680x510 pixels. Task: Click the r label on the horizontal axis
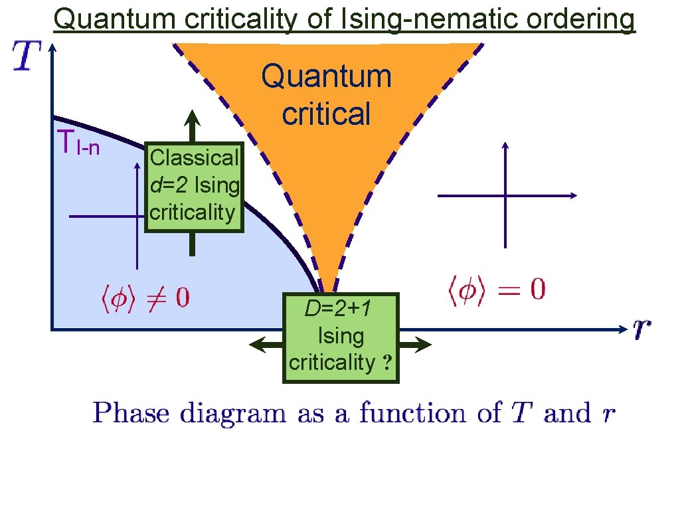coord(641,327)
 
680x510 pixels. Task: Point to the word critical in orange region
coord(326,114)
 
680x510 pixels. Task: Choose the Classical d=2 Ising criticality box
coord(193,186)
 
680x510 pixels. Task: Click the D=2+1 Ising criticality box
coord(341,337)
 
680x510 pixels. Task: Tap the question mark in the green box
coord(386,363)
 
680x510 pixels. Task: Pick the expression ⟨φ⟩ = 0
coord(495,290)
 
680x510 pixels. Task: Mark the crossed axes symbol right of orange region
coord(506,195)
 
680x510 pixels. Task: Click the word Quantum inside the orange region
coord(326,77)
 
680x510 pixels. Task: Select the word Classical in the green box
coord(194,158)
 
